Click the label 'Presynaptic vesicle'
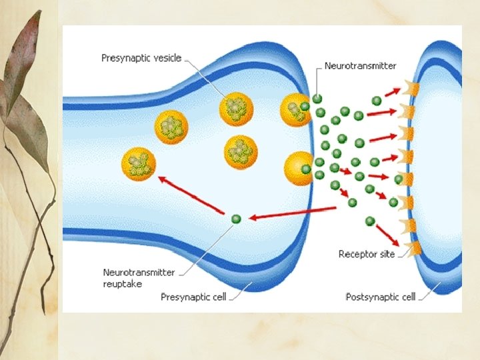coord(141,58)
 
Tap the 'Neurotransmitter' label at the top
coord(360,66)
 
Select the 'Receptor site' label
coord(367,254)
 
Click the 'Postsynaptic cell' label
coord(380,297)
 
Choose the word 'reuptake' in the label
coord(123,284)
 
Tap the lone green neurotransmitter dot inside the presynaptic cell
coord(235,219)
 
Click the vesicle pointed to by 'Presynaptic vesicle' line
coord(236,109)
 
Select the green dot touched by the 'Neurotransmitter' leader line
coord(317,99)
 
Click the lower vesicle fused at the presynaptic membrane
coord(297,169)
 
